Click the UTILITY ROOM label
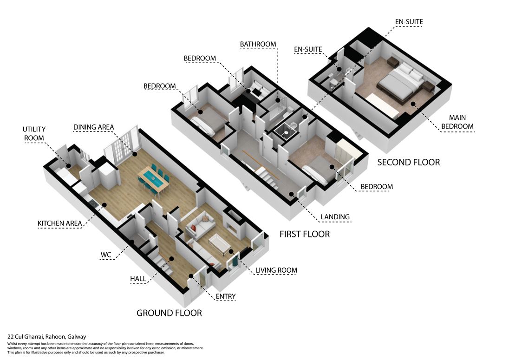pos(34,133)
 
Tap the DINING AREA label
pos(93,127)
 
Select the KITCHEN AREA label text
pos(60,223)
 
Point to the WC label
pos(105,255)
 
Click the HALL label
pos(138,279)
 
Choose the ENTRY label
pos(226,296)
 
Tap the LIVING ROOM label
pos(276,270)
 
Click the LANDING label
pos(335,216)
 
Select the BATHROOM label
pos(258,44)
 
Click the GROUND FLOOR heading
pos(169,313)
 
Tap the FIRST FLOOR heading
pos(304,234)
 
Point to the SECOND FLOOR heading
pos(408,162)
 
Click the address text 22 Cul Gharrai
pos(47,337)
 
